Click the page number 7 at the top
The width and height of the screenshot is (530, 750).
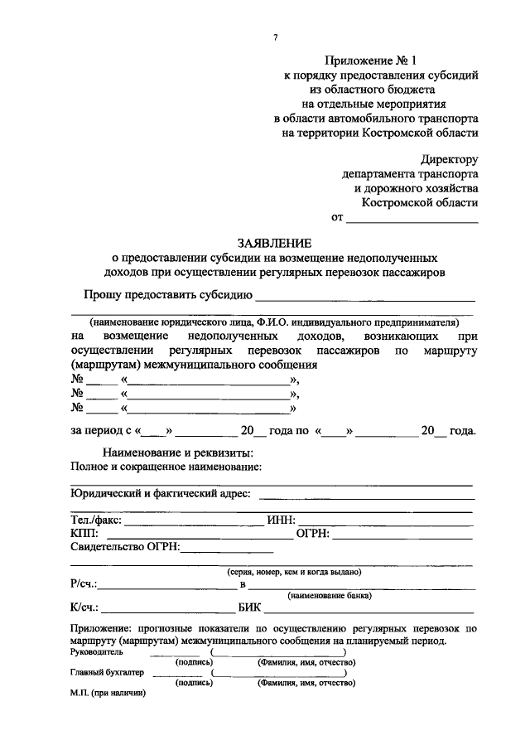[x=275, y=36]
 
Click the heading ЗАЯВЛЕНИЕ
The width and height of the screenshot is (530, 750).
[x=275, y=244]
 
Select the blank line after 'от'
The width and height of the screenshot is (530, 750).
[x=412, y=219]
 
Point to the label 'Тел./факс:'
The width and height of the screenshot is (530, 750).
[x=96, y=520]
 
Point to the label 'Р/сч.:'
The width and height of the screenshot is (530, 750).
[x=84, y=585]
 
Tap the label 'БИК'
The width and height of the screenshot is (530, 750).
[x=249, y=609]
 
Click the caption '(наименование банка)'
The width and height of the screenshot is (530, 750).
[x=329, y=596]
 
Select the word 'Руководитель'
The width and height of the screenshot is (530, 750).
[x=99, y=652]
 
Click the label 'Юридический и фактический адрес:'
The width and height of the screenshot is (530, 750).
[x=161, y=495]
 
